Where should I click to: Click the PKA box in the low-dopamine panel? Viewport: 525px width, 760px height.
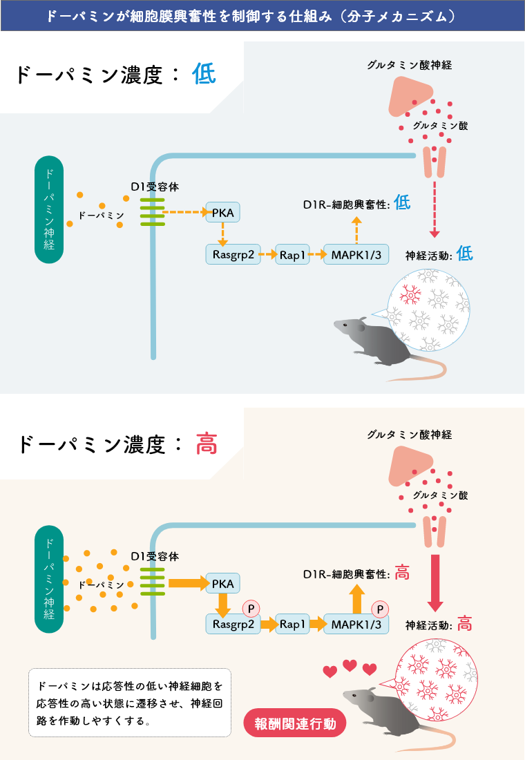click(x=223, y=213)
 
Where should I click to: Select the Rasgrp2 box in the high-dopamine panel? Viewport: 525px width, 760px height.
click(x=233, y=624)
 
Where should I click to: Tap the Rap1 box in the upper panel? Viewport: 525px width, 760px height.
click(x=292, y=254)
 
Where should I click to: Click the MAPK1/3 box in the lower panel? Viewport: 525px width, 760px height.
click(x=356, y=624)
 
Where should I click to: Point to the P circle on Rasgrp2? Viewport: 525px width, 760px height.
click(x=251, y=609)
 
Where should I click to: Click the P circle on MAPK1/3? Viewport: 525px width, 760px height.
click(x=379, y=609)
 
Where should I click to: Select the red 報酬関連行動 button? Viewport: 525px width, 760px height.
click(x=295, y=724)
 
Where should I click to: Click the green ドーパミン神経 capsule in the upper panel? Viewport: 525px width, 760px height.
click(x=49, y=209)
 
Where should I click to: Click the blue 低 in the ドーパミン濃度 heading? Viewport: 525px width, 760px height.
click(x=204, y=75)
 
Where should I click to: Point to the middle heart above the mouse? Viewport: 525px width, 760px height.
click(x=350, y=665)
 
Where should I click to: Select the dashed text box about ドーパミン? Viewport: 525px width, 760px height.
click(x=129, y=703)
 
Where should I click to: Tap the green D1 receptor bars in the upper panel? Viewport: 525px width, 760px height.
click(x=151, y=212)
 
